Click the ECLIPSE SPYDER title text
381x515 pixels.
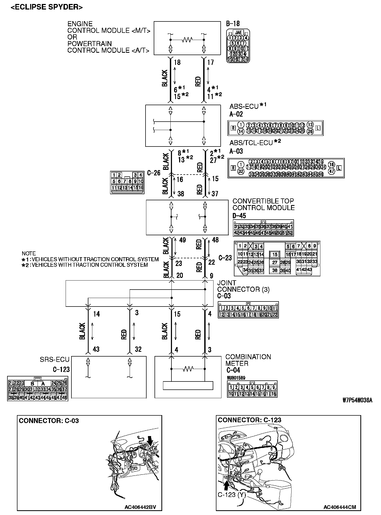tap(47, 7)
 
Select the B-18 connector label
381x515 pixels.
tap(233, 24)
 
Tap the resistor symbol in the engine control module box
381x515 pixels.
tap(187, 40)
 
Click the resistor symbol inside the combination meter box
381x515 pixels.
tap(188, 369)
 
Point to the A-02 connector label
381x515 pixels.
tap(236, 114)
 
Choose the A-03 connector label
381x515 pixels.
tap(236, 151)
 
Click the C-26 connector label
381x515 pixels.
tap(154, 173)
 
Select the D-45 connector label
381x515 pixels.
tap(239, 216)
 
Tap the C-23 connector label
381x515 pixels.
tap(225, 258)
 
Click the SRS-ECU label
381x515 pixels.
tap(55, 359)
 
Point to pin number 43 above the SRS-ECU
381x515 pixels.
tap(96, 349)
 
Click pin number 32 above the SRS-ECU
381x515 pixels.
tap(138, 349)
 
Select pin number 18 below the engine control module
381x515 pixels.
tap(177, 63)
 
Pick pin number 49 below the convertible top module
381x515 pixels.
tap(183, 240)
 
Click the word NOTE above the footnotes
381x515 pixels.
tap(29, 254)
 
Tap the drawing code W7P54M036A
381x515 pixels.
tap(357, 400)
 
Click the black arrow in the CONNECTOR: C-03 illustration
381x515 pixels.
tap(150, 441)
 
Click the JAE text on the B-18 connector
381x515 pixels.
tap(238, 33)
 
